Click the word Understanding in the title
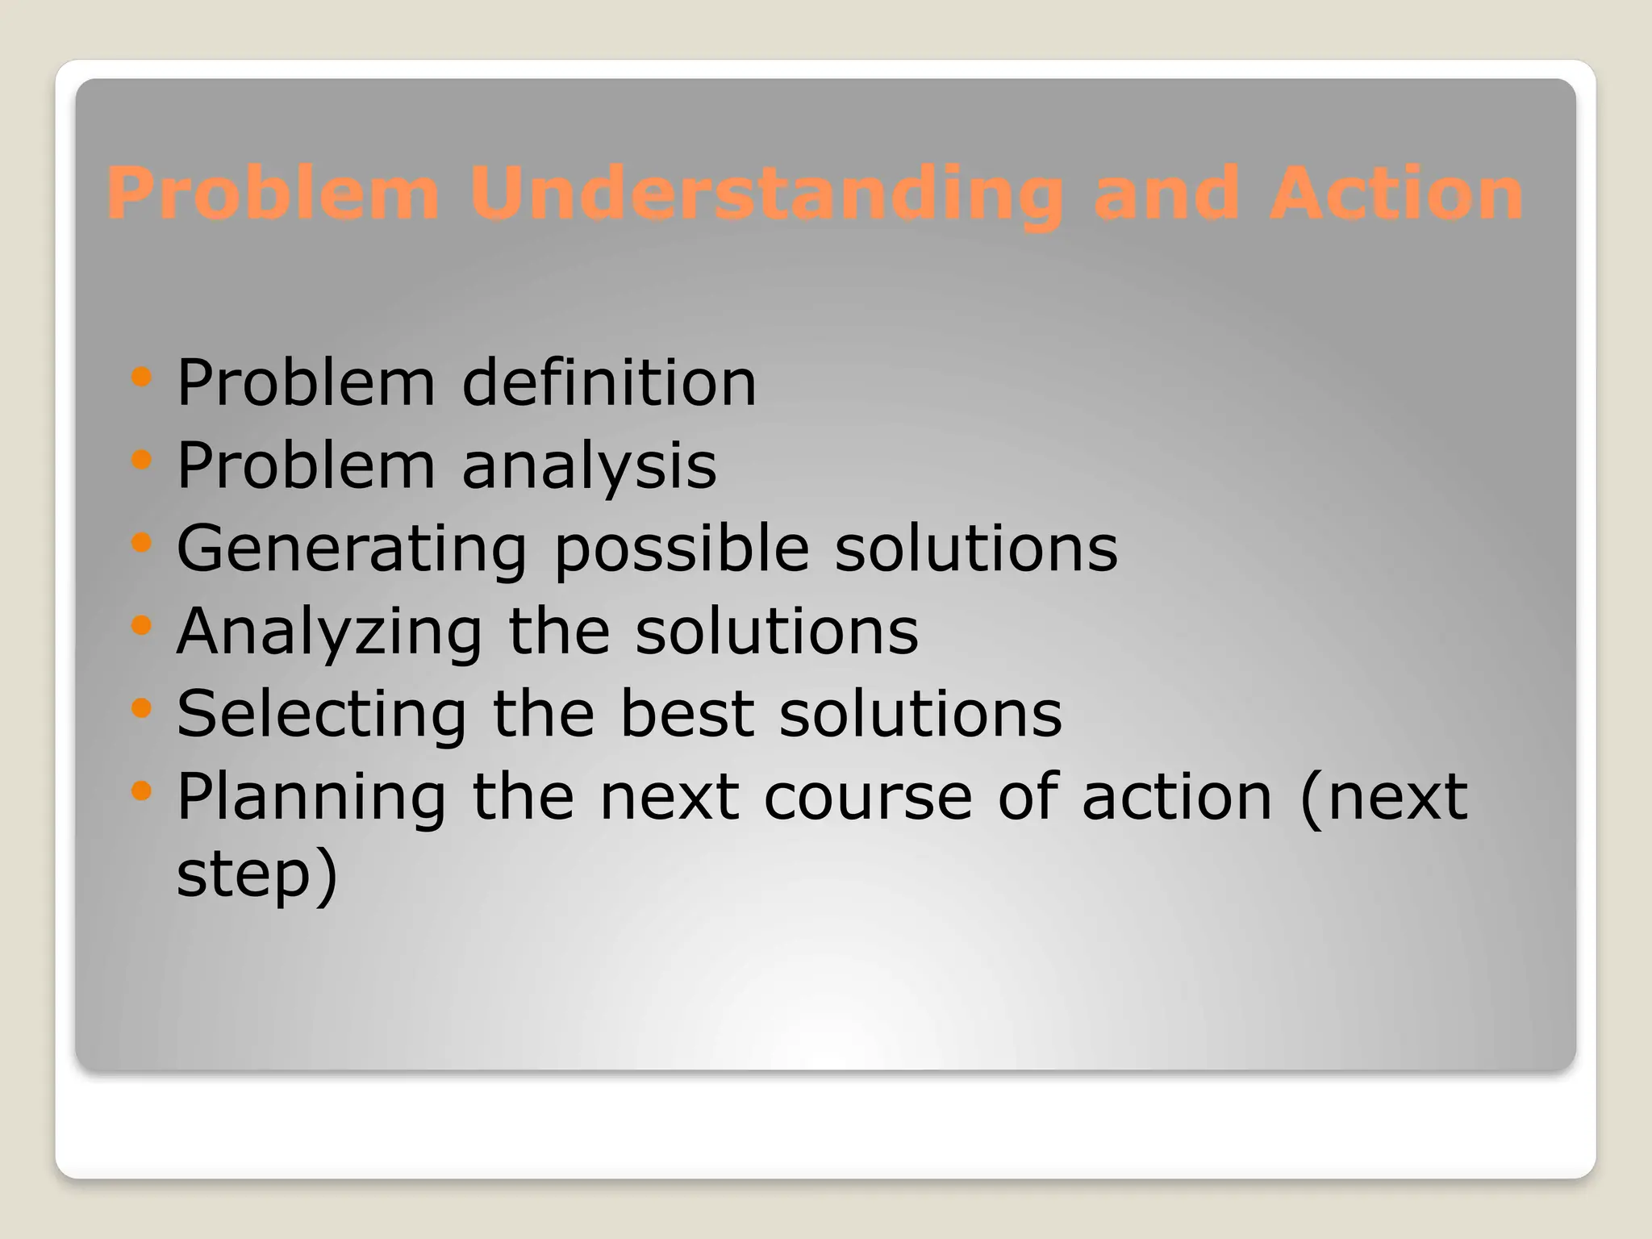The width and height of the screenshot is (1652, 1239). click(766, 194)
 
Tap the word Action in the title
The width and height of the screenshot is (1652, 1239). click(1395, 194)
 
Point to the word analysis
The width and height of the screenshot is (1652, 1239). click(589, 466)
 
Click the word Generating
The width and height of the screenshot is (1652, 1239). click(352, 549)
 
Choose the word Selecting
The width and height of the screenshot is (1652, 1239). click(321, 714)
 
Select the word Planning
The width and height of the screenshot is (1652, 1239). click(311, 798)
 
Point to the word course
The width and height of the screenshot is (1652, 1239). click(868, 798)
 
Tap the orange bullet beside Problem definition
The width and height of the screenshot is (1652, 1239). click(141, 377)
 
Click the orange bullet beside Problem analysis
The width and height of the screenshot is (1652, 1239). click(141, 460)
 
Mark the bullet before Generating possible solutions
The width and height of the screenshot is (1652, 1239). click(141, 543)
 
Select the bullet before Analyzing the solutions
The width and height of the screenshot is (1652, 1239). click(141, 625)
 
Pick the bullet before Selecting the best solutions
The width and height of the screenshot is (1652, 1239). click(141, 708)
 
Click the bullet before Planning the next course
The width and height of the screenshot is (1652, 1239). click(141, 791)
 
